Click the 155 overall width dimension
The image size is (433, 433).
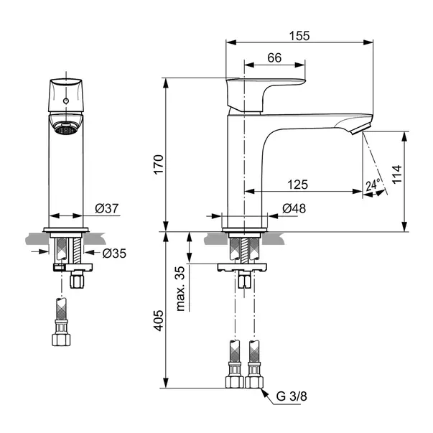[x=299, y=36]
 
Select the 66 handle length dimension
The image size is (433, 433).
[x=274, y=57]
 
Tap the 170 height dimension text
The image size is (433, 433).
[x=159, y=164]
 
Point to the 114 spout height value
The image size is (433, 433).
[x=397, y=174]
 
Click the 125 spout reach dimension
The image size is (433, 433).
[x=298, y=185]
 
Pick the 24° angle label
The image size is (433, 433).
[x=373, y=185]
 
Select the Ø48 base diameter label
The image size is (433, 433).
[x=294, y=208]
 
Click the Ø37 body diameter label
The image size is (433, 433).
[x=107, y=208]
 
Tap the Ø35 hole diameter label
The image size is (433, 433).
[x=114, y=253]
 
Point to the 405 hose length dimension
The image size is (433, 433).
[x=159, y=320]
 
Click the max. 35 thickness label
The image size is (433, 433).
[x=180, y=289]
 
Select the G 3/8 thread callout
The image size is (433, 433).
[x=292, y=396]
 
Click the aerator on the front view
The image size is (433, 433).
[x=66, y=129]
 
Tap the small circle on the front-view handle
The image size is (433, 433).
[x=66, y=101]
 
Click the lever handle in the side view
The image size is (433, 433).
[x=265, y=95]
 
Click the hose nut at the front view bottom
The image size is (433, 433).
[x=61, y=340]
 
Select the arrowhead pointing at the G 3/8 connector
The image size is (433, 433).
[x=264, y=392]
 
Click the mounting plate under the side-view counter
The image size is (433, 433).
[x=242, y=267]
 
